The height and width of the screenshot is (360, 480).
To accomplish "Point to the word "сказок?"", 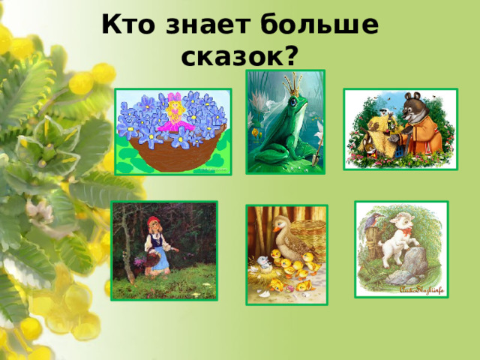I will tap(240, 54).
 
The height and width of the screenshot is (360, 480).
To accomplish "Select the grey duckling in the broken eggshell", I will tap(265, 262).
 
